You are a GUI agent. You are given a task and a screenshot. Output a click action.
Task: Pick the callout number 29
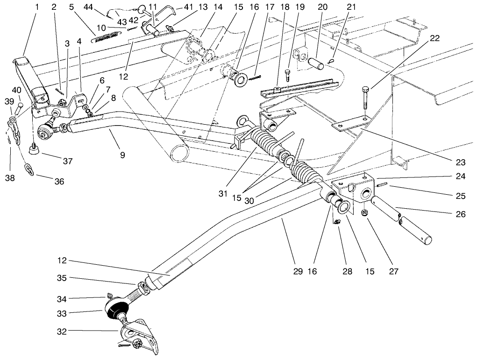(x=298, y=271)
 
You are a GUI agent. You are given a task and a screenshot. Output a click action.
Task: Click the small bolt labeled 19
(x=288, y=73)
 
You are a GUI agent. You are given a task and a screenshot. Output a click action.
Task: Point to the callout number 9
(x=122, y=155)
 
